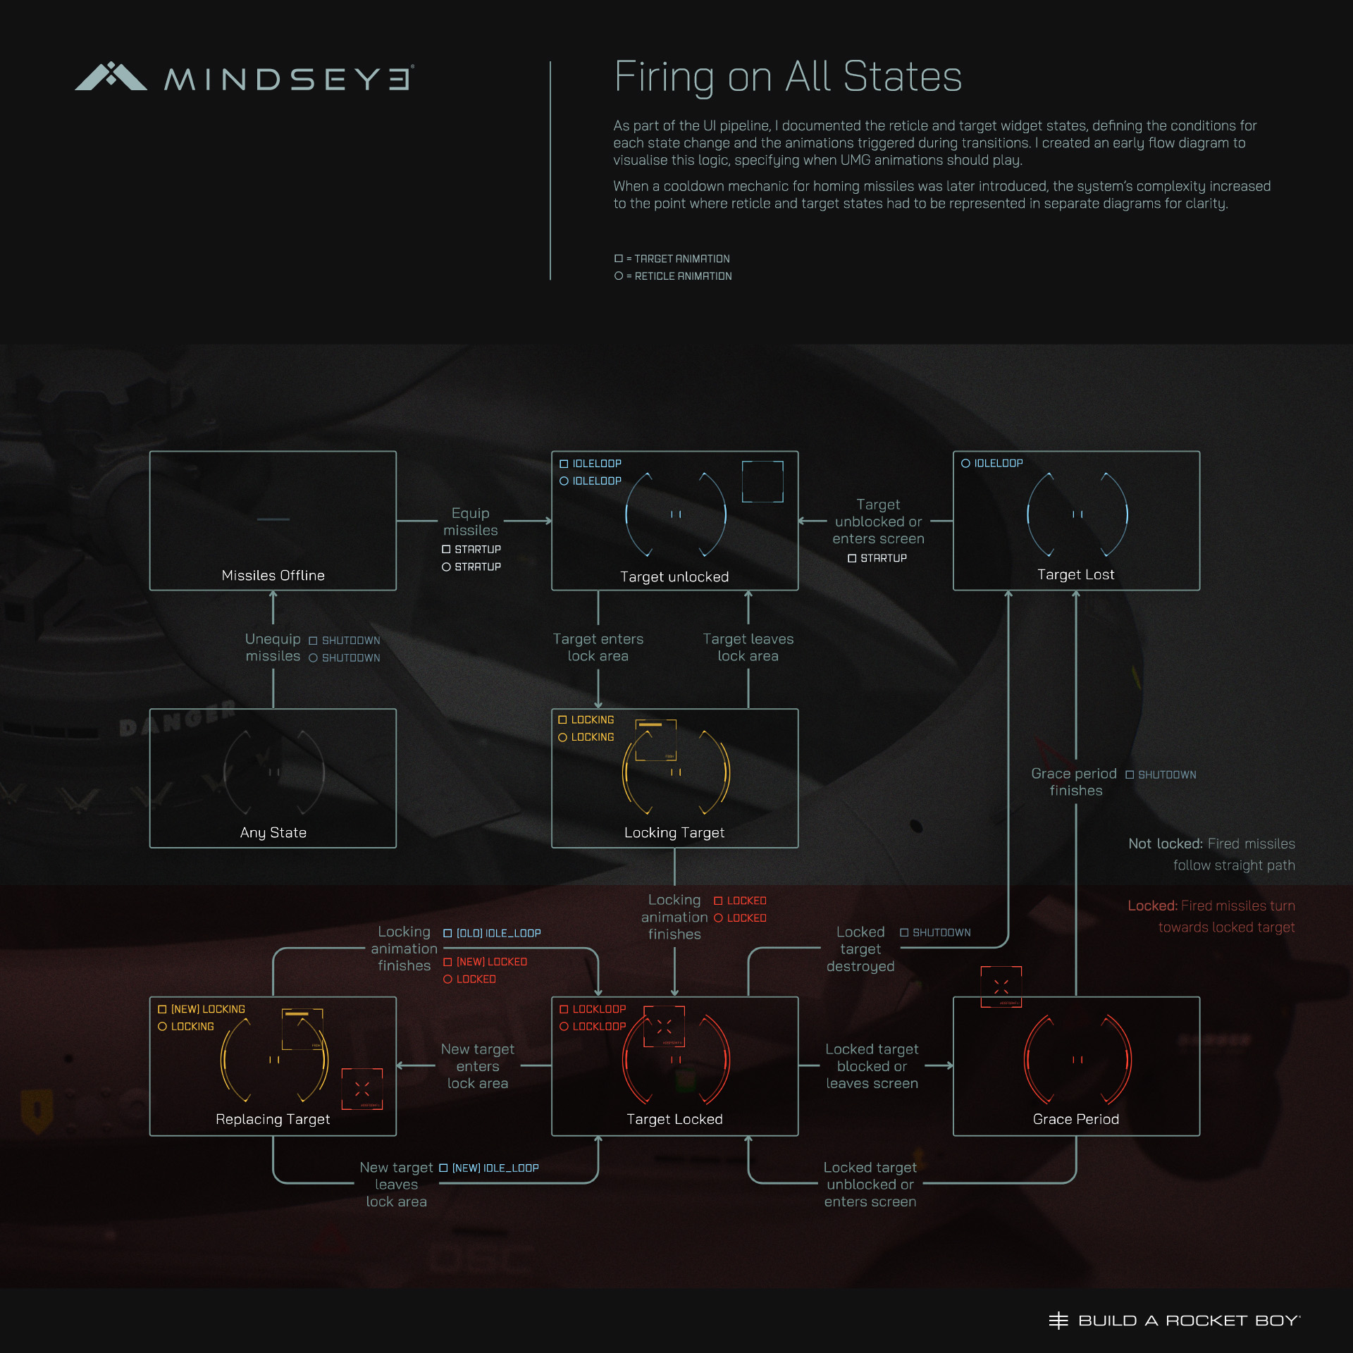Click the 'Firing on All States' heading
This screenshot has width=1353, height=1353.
tap(787, 77)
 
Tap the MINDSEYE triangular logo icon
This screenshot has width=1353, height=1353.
tap(111, 77)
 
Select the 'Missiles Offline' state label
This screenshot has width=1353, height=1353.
tap(273, 576)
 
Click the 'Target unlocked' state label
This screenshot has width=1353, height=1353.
tap(674, 577)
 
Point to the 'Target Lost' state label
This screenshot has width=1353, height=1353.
tap(1075, 575)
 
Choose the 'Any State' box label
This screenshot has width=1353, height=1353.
tap(273, 833)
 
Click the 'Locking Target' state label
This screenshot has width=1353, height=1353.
tap(674, 833)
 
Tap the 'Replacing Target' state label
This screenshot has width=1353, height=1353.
tap(273, 1120)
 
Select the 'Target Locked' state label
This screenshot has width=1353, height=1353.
tap(674, 1120)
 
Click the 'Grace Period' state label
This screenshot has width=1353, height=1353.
tap(1075, 1120)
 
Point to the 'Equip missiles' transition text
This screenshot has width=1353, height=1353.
tap(470, 521)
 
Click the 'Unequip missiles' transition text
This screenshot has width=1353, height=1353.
tap(273, 648)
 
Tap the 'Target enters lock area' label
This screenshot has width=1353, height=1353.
tap(598, 648)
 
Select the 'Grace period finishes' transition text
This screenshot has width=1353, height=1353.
tap(1075, 782)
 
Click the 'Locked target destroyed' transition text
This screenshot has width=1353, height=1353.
tap(860, 949)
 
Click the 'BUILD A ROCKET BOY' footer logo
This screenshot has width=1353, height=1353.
tap(1174, 1321)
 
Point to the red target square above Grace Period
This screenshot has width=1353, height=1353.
tap(1001, 987)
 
